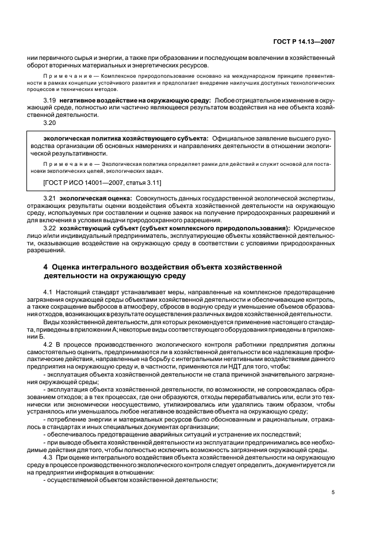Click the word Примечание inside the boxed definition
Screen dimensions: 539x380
pyautogui.click(x=63, y=164)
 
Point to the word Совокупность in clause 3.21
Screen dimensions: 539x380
pyautogui.click(x=155, y=199)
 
